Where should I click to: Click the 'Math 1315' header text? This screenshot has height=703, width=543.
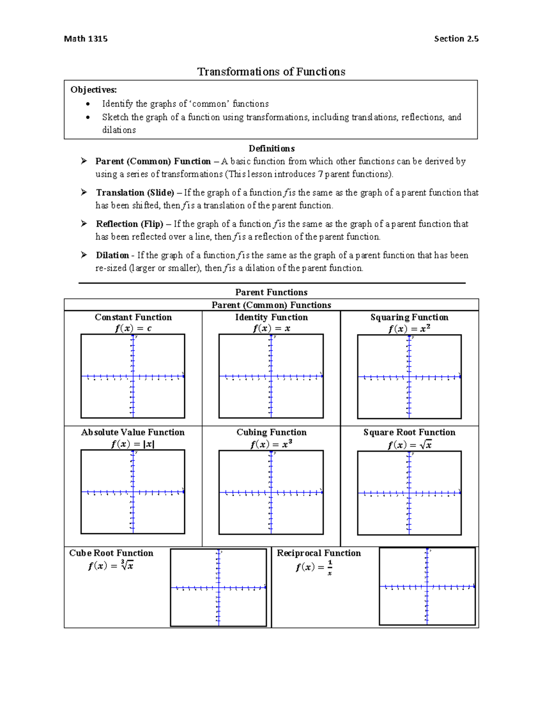(86, 39)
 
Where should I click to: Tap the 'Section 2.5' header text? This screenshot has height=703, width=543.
(456, 39)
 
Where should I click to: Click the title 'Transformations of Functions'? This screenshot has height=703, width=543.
(271, 72)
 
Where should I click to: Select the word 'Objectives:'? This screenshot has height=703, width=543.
(94, 90)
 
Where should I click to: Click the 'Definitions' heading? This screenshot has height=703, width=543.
(271, 148)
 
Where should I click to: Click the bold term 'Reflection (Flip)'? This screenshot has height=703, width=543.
(129, 224)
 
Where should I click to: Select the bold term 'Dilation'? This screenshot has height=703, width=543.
(112, 255)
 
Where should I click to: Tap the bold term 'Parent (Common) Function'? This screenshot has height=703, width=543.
(153, 161)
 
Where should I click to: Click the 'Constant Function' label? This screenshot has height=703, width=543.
(133, 317)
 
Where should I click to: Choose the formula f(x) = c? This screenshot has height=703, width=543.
(133, 328)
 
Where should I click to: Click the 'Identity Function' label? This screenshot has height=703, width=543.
(271, 317)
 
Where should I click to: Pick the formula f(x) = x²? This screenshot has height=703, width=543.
(409, 329)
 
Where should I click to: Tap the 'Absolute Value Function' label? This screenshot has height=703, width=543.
(133, 432)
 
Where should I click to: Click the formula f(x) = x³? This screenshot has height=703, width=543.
(271, 444)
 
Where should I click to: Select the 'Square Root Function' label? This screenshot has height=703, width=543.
(409, 432)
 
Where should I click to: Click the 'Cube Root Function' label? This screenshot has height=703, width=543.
(111, 553)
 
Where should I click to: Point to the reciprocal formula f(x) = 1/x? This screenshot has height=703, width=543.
(314, 567)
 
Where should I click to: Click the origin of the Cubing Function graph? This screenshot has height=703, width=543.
(271, 493)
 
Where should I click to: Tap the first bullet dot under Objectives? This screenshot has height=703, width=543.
(88, 104)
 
